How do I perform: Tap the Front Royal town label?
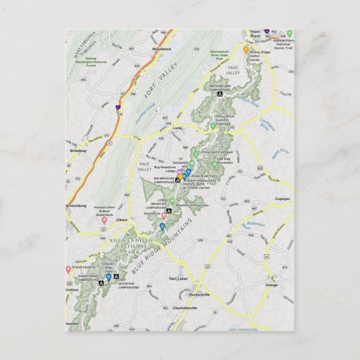[255, 34]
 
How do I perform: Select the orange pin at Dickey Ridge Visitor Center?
[245, 49]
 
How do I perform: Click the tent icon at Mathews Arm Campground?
[220, 94]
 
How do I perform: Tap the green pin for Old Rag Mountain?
[214, 164]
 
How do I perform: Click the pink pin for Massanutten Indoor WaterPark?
[104, 220]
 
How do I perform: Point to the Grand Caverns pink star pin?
[68, 269]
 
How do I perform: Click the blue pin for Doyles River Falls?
[108, 276]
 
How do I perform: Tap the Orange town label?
[271, 285]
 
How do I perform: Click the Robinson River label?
[255, 225]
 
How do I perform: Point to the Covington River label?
[265, 123]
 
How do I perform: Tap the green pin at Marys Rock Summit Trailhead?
[212, 126]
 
